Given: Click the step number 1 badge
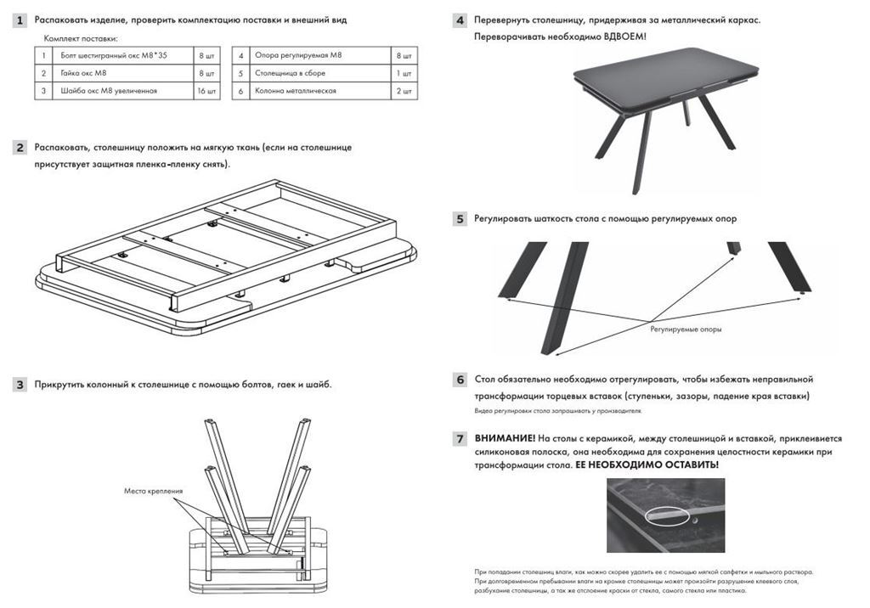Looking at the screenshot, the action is point(20,20).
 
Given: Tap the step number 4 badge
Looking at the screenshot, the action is point(460,20).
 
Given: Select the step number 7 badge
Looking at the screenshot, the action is point(460,439).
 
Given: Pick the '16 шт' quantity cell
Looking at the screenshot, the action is point(206,91).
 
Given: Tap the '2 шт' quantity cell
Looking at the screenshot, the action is point(404,91).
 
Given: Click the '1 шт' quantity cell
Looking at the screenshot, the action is point(404,73).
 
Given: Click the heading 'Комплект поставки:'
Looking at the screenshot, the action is point(81,39).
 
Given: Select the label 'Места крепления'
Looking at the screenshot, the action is point(153,491).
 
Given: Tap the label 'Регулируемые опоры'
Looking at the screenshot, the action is point(686,329).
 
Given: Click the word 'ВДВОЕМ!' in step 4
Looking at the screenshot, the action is point(624,37).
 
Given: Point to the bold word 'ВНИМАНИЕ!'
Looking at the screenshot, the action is point(505,438).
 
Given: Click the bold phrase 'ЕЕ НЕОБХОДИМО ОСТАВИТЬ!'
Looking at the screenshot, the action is point(647,464).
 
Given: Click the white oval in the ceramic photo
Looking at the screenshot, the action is point(669,515).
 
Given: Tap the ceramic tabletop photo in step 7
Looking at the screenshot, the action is point(665,515).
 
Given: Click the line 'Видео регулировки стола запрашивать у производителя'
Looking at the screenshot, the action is point(557,411).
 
